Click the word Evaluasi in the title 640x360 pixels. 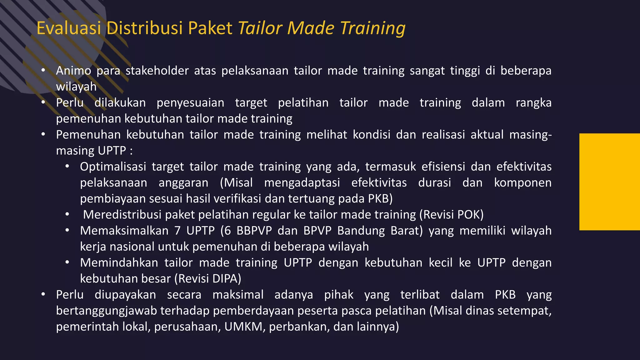pyautogui.click(x=69, y=28)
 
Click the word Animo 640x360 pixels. pyautogui.click(x=73, y=71)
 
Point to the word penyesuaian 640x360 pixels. pyautogui.click(x=190, y=103)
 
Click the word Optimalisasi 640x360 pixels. pyautogui.click(x=113, y=167)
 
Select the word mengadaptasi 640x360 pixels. pyautogui.click(x=302, y=183)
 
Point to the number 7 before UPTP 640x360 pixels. pyautogui.click(x=177, y=231)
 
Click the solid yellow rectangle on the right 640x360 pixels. pyautogui.click(x=609, y=182)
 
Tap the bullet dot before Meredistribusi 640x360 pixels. pyautogui.click(x=67, y=215)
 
